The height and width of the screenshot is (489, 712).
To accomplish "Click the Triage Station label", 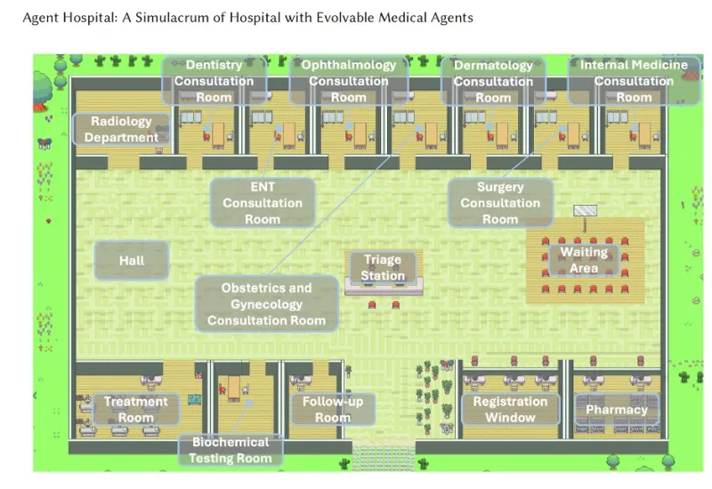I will point(382,268).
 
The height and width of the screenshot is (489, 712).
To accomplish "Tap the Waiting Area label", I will point(584,260).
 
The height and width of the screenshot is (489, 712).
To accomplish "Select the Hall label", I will point(132,261).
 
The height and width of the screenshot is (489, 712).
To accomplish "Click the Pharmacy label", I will point(616,410).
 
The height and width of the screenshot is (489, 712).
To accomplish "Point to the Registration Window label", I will point(510,410).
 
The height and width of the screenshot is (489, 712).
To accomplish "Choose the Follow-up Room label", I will point(333,410).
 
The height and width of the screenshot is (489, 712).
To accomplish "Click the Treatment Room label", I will point(136,410).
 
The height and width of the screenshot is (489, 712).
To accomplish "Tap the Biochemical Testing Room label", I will point(230,450).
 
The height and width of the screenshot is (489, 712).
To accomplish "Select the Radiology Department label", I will point(122,129).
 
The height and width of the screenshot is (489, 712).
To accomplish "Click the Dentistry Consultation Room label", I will point(214,81).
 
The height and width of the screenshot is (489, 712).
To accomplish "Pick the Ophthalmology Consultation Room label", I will point(348,81).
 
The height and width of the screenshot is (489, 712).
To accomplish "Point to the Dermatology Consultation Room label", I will point(493,81).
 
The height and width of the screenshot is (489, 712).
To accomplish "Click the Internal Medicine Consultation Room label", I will point(634,81).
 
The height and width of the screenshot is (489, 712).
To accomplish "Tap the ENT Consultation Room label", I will point(263,202).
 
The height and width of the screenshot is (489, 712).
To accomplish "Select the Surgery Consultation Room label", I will point(500,202).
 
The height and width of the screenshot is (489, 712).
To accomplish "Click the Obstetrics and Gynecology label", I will point(266,304).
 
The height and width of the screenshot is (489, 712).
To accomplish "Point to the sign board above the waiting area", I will point(586,211).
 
